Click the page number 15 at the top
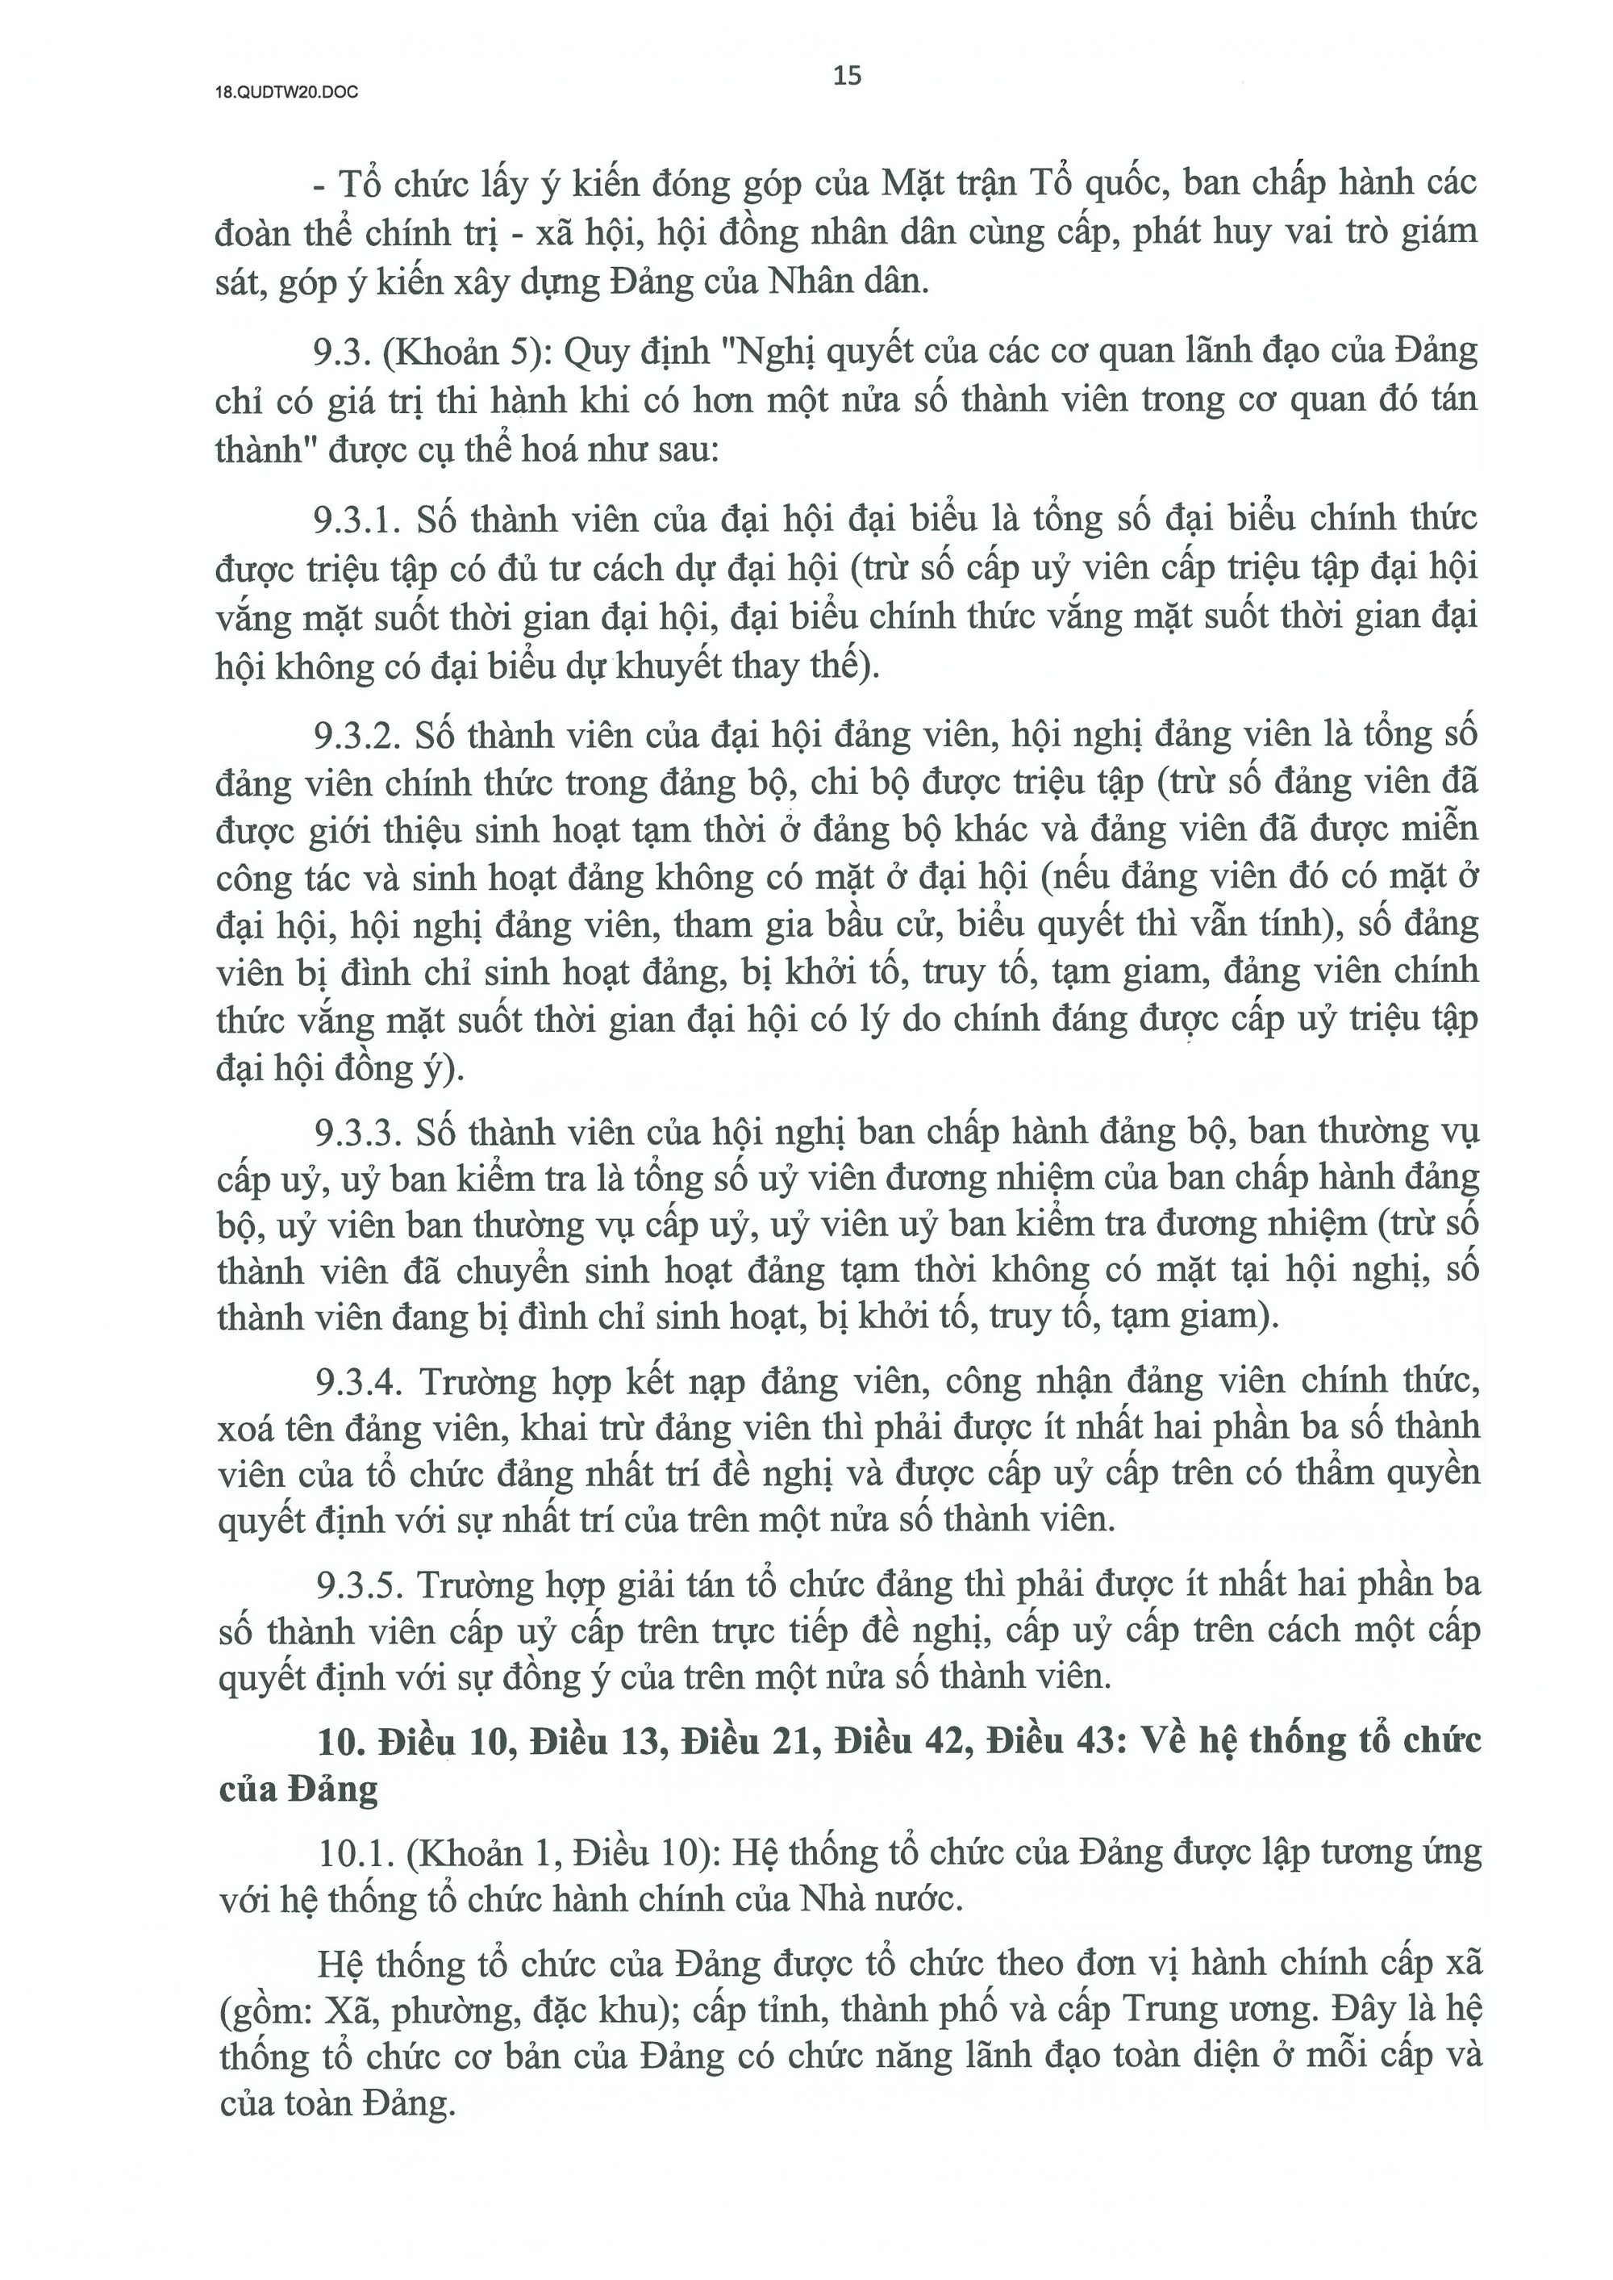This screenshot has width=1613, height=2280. pos(847,76)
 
